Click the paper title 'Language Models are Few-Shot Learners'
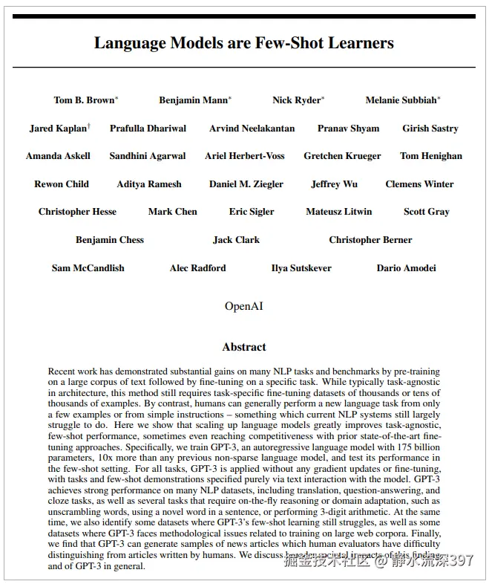click(x=243, y=43)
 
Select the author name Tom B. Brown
click(x=84, y=100)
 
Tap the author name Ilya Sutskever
click(x=301, y=268)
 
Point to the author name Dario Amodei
click(x=406, y=268)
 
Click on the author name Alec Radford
click(x=197, y=268)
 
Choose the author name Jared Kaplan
click(x=58, y=129)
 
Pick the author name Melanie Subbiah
click(x=401, y=100)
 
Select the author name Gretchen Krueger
click(x=342, y=156)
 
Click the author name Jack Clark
click(x=236, y=240)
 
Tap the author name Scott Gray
click(x=426, y=212)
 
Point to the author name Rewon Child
click(x=62, y=184)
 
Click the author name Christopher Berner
click(x=370, y=240)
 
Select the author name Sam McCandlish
click(x=88, y=268)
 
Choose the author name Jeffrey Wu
click(x=334, y=184)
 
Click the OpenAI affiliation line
click(x=243, y=306)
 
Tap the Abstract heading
click(x=243, y=347)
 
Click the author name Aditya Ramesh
click(x=148, y=184)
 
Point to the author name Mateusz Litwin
click(x=338, y=212)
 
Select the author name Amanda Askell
click(x=58, y=156)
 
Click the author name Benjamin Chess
click(x=110, y=240)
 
